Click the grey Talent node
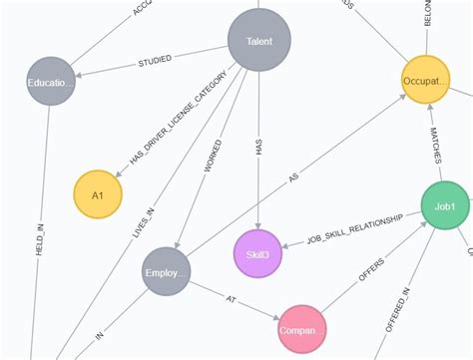click(258, 41)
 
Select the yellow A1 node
click(98, 193)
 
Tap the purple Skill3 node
click(257, 253)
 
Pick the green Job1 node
click(444, 205)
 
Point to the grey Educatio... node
click(51, 83)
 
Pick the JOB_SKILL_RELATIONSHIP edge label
click(354, 229)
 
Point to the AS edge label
click(293, 180)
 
